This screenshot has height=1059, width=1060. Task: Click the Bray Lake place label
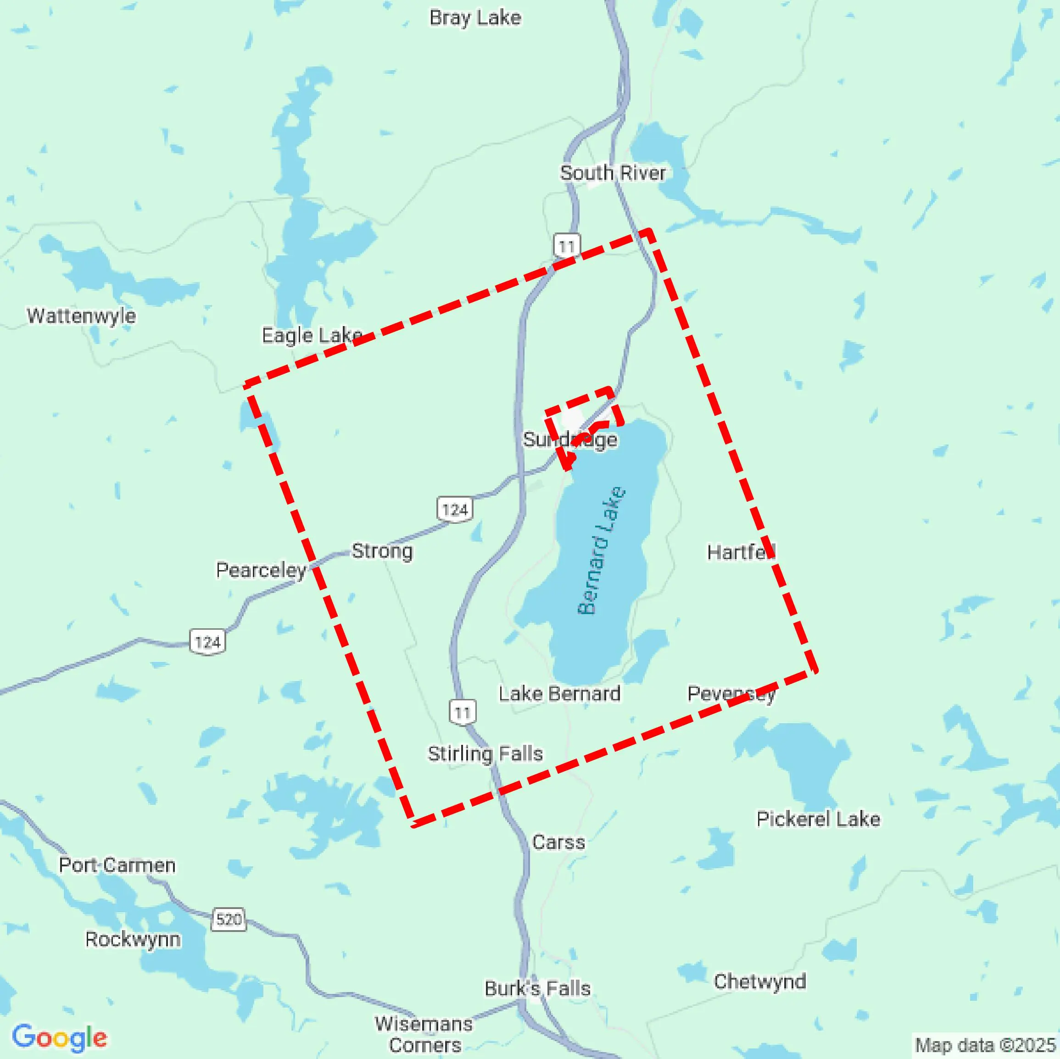click(x=474, y=18)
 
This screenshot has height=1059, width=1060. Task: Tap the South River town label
click(x=612, y=173)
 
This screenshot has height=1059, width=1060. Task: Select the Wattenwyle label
click(x=81, y=316)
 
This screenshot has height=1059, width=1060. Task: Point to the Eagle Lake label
click(x=311, y=336)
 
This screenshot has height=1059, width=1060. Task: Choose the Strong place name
click(x=382, y=551)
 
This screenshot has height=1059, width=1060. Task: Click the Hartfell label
click(x=741, y=552)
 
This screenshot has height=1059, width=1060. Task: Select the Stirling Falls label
click(x=485, y=754)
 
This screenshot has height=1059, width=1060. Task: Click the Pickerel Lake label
click(x=818, y=819)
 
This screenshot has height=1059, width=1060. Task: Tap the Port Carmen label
click(x=117, y=865)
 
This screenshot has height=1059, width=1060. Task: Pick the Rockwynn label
click(x=133, y=939)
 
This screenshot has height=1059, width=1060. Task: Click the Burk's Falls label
click(x=537, y=988)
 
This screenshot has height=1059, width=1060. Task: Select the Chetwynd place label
click(x=759, y=981)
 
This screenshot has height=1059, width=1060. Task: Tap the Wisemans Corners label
click(x=424, y=1034)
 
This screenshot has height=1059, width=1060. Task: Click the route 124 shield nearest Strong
click(x=455, y=510)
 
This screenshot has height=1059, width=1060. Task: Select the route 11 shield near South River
click(x=567, y=246)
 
